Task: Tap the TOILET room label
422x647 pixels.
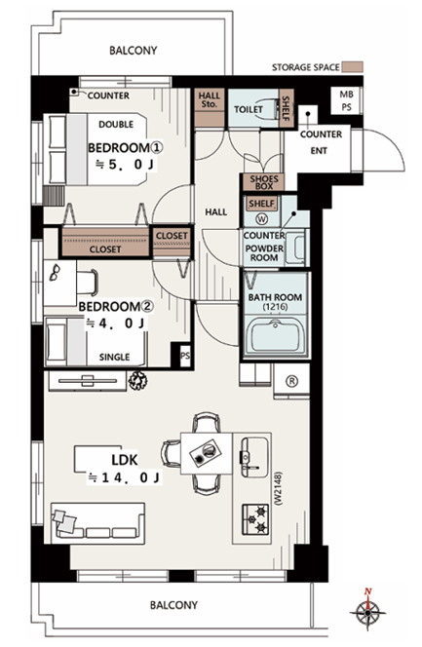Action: (249, 109)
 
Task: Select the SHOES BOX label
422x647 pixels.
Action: (264, 182)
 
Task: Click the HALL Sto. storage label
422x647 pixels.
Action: (210, 99)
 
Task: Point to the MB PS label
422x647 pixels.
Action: (347, 100)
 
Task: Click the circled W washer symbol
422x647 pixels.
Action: (261, 218)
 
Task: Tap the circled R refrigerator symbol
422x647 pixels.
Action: (291, 381)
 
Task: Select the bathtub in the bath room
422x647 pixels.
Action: (275, 335)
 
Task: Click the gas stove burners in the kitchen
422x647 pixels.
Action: (255, 519)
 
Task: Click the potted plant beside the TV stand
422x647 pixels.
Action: (137, 380)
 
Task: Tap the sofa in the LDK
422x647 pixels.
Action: (97, 523)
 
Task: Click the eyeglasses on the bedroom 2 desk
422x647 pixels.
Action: (55, 272)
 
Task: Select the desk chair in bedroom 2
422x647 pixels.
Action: (88, 283)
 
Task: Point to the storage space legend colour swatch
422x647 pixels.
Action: (353, 67)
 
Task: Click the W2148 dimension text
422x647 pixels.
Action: (278, 488)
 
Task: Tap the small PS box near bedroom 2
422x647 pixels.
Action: (185, 355)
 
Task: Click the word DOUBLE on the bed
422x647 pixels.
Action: (116, 124)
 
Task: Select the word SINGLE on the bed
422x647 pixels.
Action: (114, 357)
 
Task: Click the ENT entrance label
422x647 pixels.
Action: (319, 151)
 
